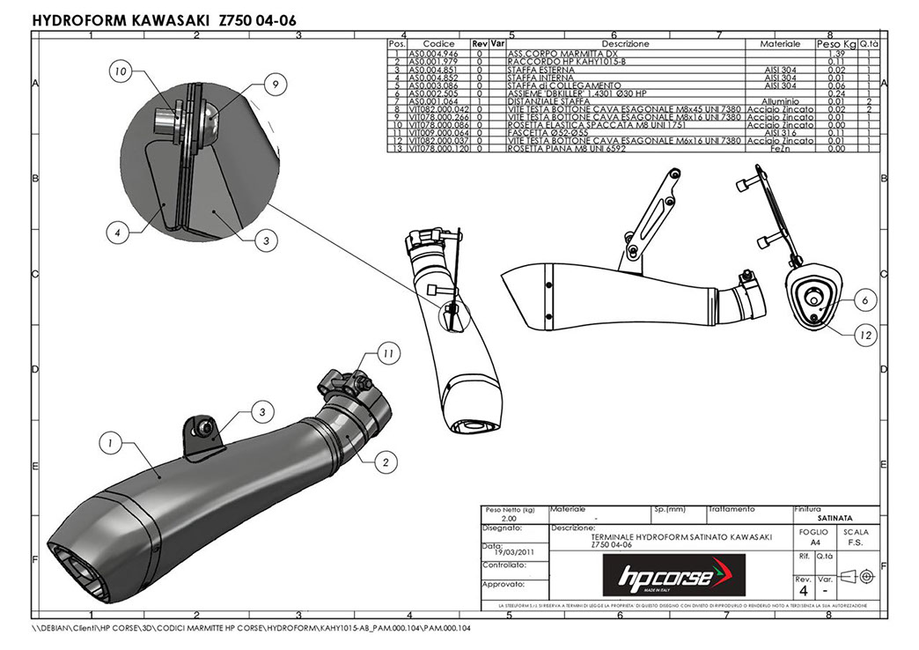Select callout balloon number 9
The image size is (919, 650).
tap(275, 84)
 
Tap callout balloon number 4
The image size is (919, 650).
tap(116, 233)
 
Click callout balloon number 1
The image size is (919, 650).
tap(108, 445)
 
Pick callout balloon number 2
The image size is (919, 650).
tap(384, 458)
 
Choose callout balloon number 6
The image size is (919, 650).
tap(866, 300)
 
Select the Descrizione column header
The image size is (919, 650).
tap(625, 44)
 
